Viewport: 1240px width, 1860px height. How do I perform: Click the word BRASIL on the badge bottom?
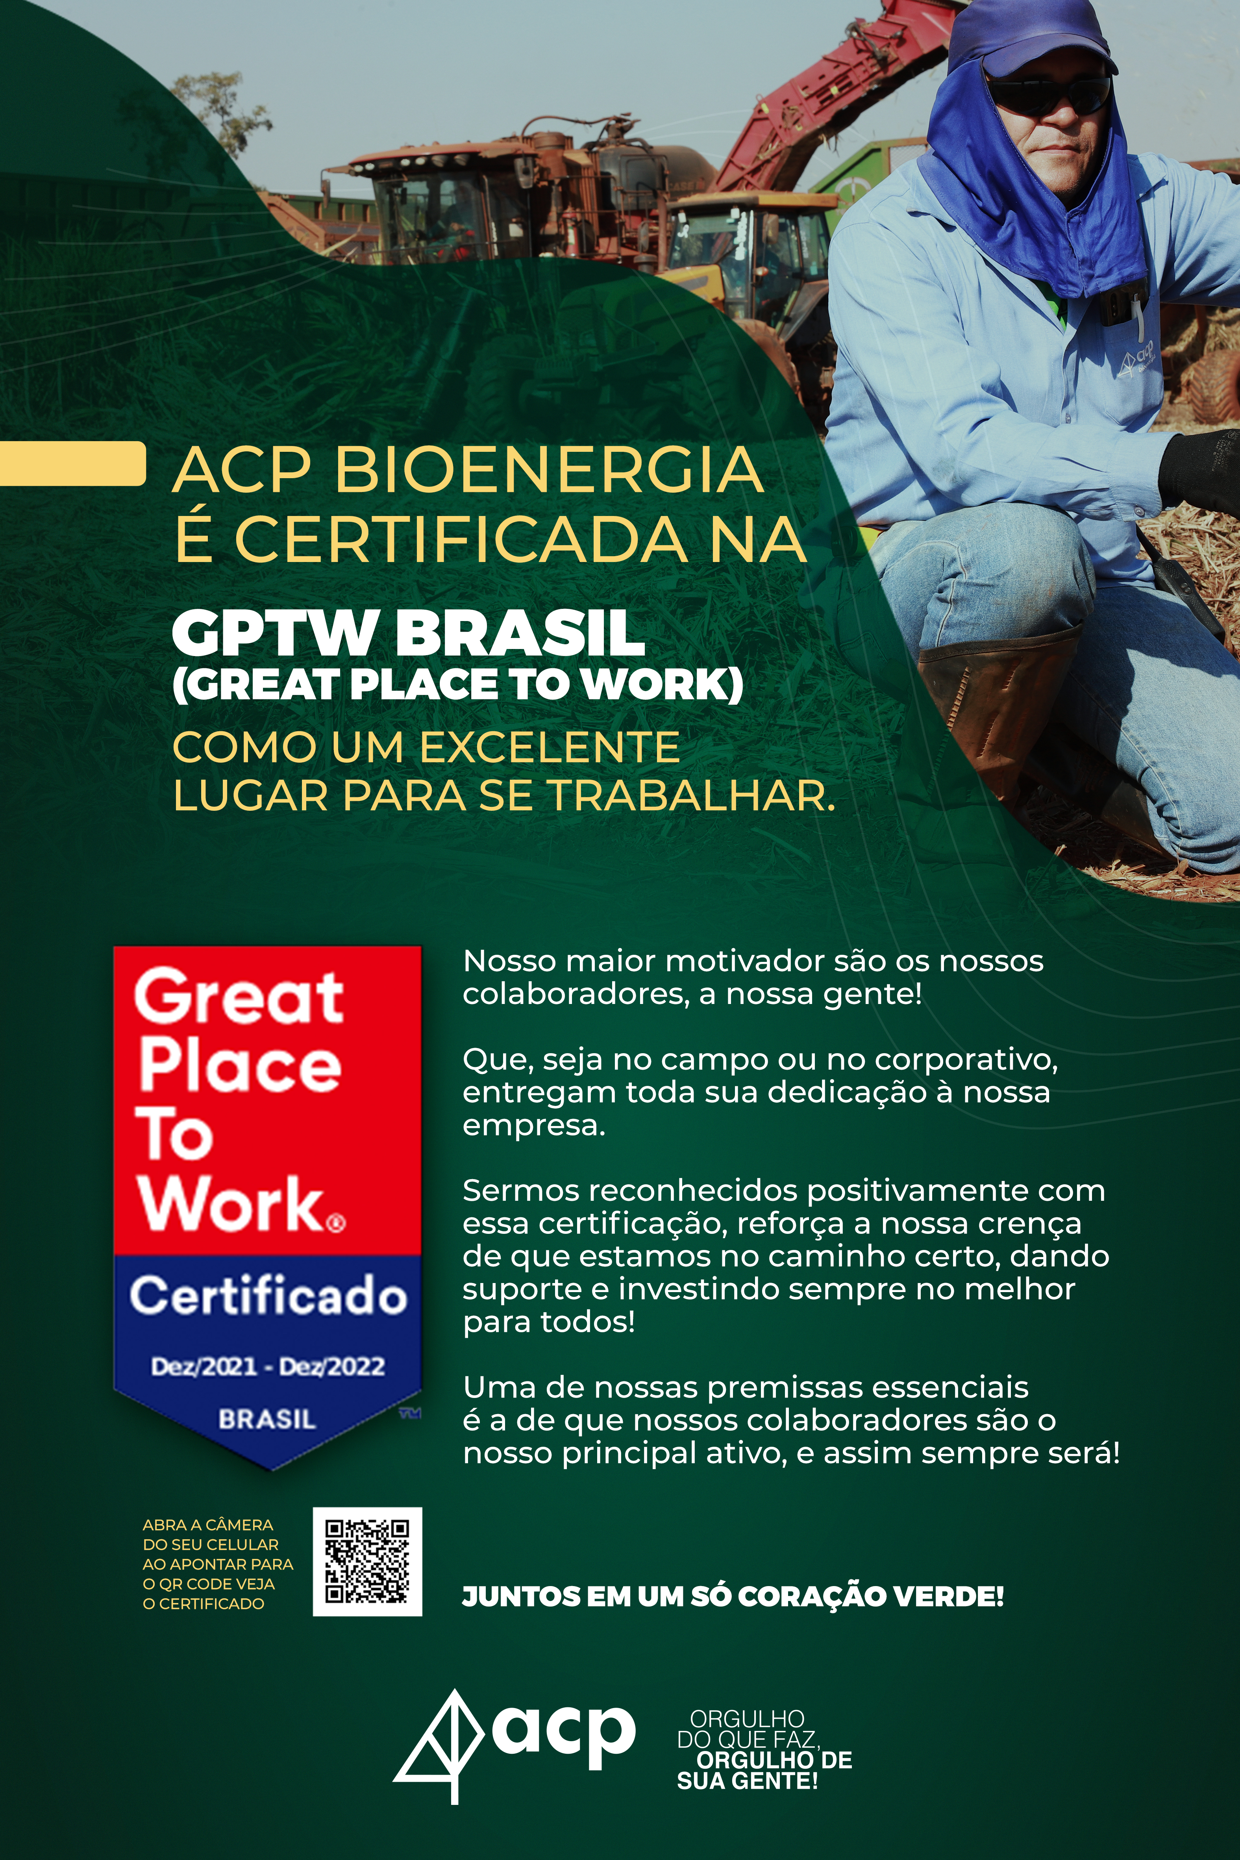[x=267, y=1419]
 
